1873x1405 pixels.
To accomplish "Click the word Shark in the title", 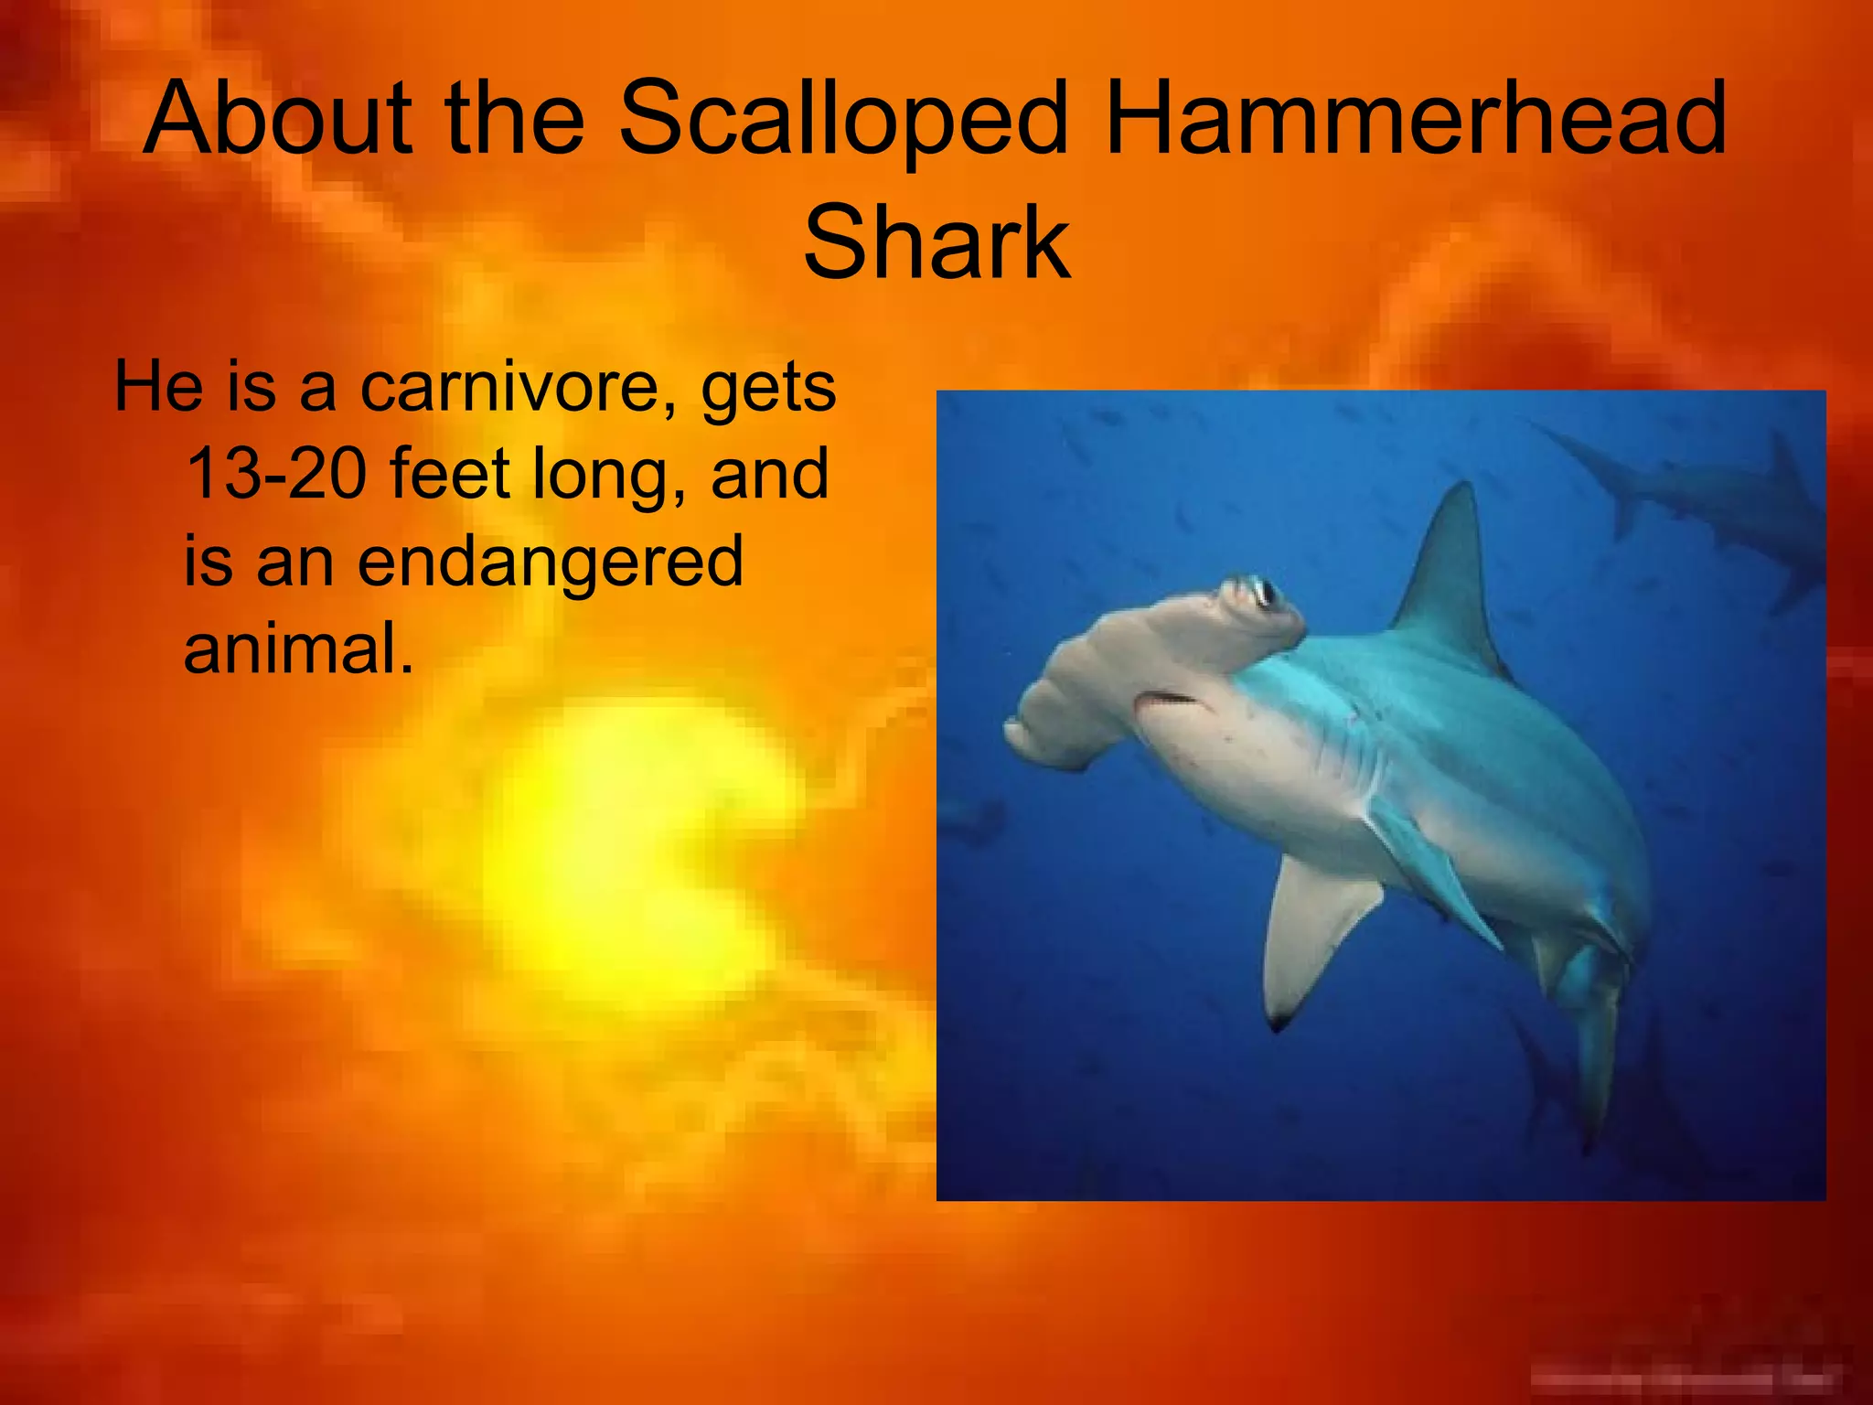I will [936, 243].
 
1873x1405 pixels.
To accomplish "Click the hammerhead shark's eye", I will [1264, 593].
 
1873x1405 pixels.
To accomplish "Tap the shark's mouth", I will [1167, 700].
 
